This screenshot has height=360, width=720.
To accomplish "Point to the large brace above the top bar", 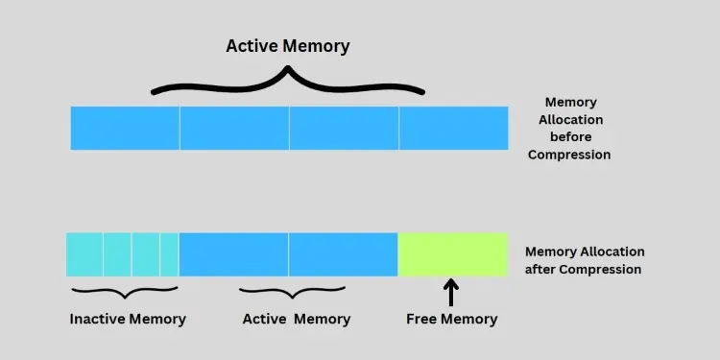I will pos(287,82).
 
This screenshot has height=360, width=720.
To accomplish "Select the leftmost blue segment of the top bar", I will pos(125,128).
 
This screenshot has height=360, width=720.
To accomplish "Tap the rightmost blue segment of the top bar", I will pos(453,128).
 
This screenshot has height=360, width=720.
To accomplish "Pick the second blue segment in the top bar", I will pos(234,128).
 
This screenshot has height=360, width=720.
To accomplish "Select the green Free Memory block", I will pos(452,254).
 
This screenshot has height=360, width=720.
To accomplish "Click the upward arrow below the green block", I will pos(452,292).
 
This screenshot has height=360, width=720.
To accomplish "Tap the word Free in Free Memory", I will pos(423,319).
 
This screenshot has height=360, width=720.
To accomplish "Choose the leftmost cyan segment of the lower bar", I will pos(84,254).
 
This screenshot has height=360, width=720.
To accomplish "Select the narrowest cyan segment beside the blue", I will pos(169,254).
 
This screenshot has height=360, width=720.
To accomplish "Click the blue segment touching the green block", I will pos(343,254).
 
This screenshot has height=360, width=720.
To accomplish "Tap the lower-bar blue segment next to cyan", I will pos(233,254).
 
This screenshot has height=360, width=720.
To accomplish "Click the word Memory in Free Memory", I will pos(471,319).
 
